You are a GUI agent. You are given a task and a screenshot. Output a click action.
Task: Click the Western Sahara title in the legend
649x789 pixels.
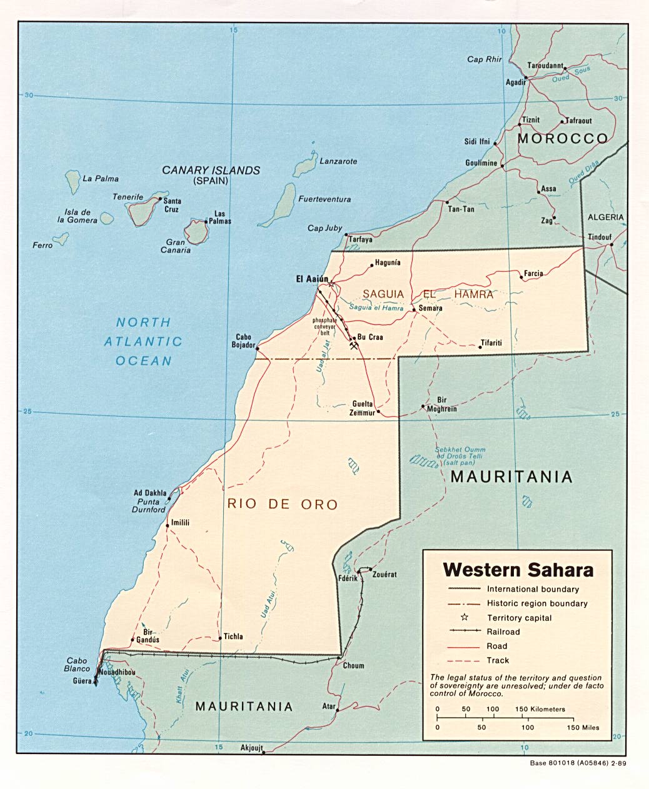pyautogui.click(x=518, y=570)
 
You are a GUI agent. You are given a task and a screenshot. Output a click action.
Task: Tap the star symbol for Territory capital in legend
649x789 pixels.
pyautogui.click(x=465, y=617)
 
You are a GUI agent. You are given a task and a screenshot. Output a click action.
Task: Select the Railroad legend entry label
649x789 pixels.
pyautogui.click(x=503, y=632)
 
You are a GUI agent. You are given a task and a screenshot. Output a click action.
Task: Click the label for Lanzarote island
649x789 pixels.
pyautogui.click(x=338, y=161)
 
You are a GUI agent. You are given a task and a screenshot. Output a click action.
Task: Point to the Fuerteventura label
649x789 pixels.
pyautogui.click(x=324, y=199)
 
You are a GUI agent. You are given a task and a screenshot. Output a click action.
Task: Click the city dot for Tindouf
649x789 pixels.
pyautogui.click(x=611, y=244)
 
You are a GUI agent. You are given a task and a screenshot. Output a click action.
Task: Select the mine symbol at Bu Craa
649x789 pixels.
pyautogui.click(x=354, y=344)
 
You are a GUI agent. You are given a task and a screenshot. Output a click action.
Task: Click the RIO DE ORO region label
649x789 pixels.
pyautogui.click(x=282, y=504)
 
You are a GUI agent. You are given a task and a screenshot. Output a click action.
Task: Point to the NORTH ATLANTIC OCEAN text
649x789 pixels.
pyautogui.click(x=143, y=341)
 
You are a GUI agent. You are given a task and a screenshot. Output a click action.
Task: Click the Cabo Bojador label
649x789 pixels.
pyautogui.click(x=245, y=340)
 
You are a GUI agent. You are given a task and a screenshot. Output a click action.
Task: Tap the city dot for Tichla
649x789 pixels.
pyautogui.click(x=220, y=638)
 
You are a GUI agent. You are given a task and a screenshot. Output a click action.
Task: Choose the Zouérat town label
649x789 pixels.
pyautogui.click(x=385, y=574)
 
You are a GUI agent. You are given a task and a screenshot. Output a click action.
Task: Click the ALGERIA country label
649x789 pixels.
pyautogui.click(x=605, y=217)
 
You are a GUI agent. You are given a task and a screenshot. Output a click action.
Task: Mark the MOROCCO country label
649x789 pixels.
pyautogui.click(x=563, y=139)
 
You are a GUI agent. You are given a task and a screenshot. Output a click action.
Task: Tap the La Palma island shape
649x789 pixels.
pyautogui.click(x=73, y=181)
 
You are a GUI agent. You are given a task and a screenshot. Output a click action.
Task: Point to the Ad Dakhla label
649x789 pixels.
pyautogui.click(x=150, y=493)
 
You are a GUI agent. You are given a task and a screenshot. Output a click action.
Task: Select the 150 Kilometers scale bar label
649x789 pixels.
pyautogui.click(x=540, y=709)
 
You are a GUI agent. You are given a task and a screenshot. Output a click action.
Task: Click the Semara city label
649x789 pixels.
pyautogui.click(x=431, y=308)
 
